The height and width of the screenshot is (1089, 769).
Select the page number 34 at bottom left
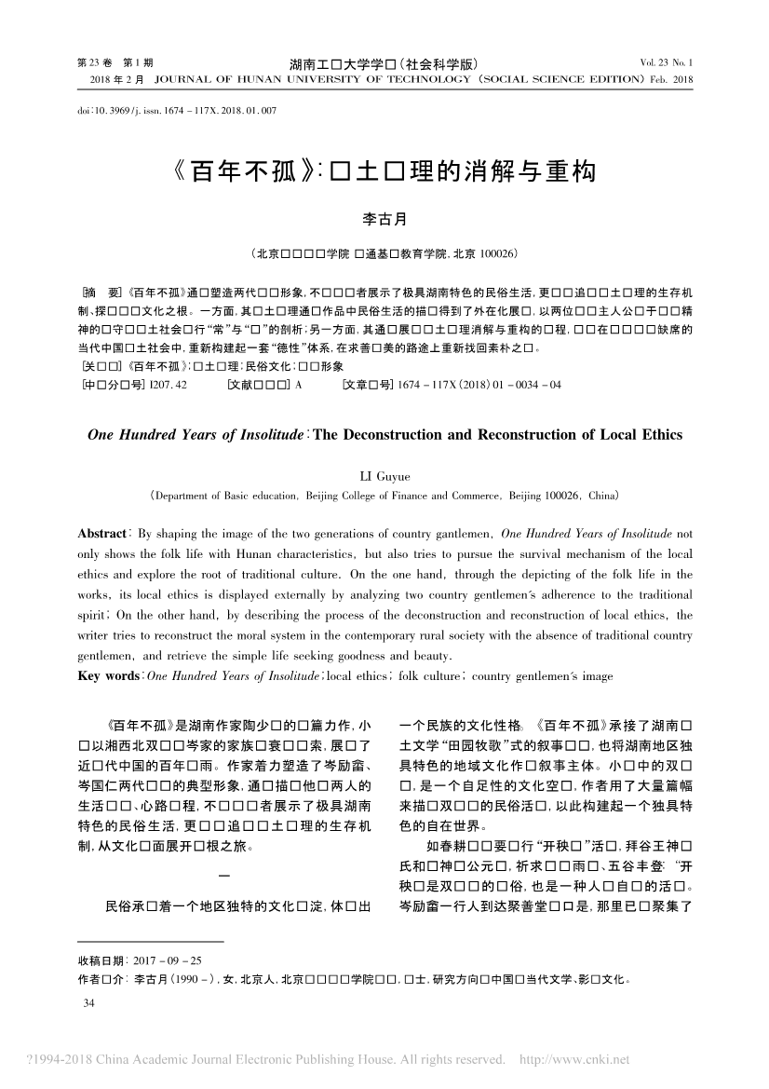90,1003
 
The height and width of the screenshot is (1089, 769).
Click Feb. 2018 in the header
673,80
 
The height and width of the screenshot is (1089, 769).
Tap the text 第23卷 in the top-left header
88,63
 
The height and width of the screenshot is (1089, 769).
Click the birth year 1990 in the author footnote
184,979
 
